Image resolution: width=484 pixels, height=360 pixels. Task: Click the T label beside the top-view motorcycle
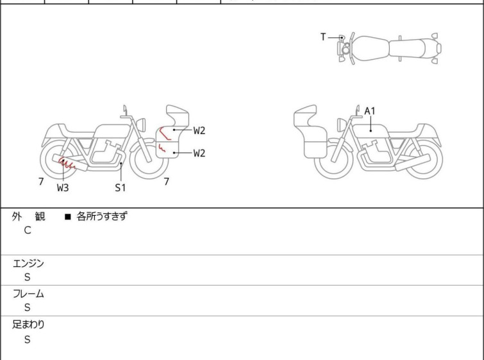323,37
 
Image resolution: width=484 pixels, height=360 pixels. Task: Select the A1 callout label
370,111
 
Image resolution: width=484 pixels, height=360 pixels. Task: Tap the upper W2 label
199,131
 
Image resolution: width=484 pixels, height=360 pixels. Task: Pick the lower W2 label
199,153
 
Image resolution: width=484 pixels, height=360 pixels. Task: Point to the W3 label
63,187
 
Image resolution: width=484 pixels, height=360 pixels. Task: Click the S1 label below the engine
121,187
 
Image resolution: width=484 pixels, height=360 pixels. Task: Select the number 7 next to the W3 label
41,182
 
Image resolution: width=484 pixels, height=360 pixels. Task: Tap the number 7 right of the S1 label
167,182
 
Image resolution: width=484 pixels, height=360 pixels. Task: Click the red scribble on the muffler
67,164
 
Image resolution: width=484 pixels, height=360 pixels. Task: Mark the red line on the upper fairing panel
163,133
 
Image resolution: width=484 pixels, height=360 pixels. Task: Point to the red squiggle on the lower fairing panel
162,148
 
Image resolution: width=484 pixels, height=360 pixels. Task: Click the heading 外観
28,216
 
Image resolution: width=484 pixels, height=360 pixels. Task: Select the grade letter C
28,230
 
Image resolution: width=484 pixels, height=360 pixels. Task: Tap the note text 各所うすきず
102,216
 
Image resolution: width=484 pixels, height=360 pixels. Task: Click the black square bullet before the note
68,217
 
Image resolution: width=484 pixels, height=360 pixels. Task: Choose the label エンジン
28,264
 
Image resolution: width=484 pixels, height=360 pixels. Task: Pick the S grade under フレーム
28,307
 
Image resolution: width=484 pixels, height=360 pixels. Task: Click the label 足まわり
28,325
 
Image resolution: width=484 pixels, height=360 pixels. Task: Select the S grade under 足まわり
28,339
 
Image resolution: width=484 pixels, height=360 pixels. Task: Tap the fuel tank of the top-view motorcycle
371,48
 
